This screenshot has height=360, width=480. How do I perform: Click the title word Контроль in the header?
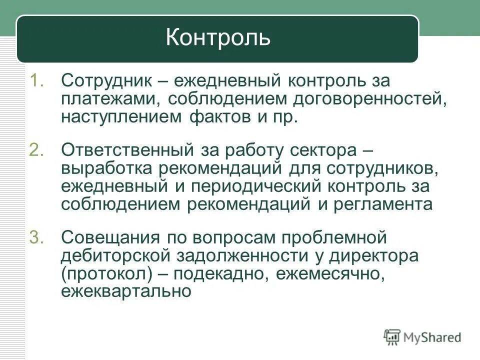click(x=218, y=38)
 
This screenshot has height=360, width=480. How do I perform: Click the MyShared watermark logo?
click(x=422, y=337)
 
